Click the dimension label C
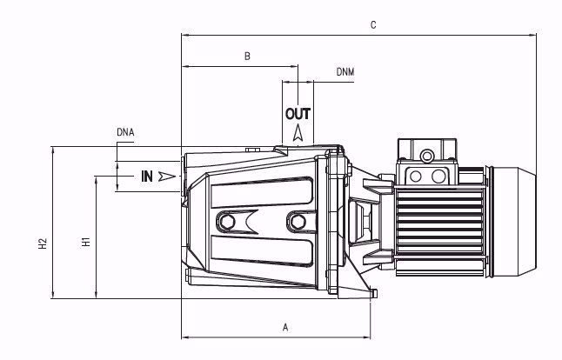click(372, 25)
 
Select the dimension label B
click(247, 57)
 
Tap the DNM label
click(345, 73)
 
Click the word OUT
click(298, 114)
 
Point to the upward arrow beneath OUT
click(298, 132)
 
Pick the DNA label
click(124, 132)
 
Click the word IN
click(147, 177)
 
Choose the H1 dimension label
click(85, 242)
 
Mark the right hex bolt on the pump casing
click(298, 222)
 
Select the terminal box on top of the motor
click(427, 163)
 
